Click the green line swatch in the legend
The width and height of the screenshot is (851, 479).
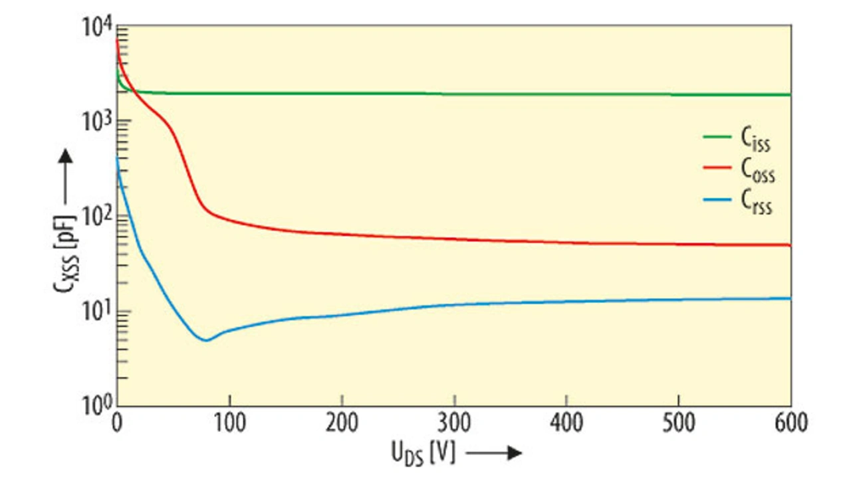(718, 138)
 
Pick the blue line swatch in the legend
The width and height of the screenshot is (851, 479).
(718, 201)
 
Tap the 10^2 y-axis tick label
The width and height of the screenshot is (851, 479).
(96, 217)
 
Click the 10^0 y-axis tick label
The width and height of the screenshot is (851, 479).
(96, 406)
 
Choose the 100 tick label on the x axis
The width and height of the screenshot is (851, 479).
(229, 423)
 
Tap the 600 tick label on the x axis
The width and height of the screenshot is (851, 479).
(790, 423)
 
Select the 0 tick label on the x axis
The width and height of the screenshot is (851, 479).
(117, 423)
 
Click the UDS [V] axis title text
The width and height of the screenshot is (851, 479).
(422, 453)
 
